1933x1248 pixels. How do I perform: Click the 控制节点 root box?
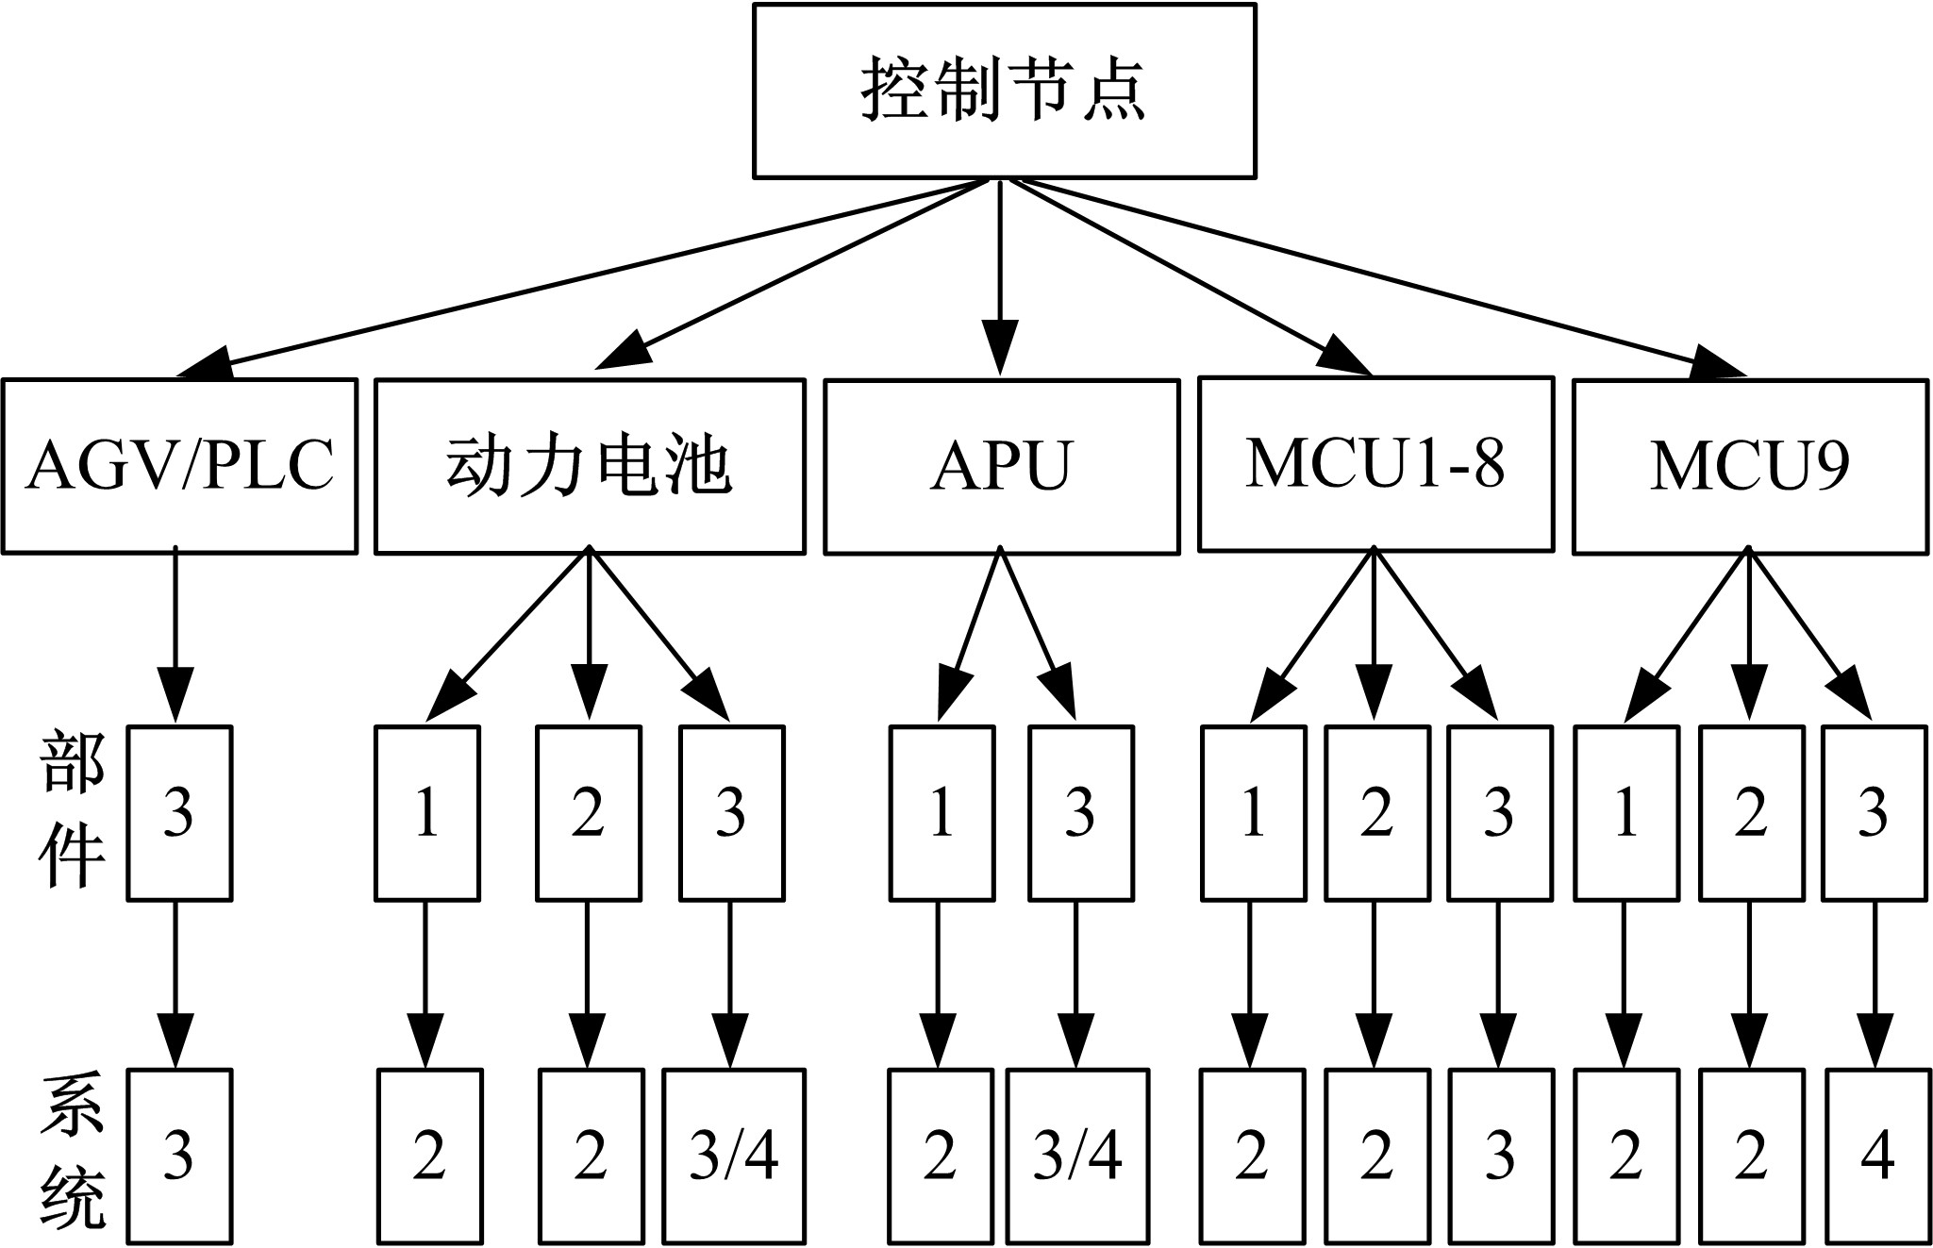[1004, 91]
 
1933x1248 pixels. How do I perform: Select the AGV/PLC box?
[179, 466]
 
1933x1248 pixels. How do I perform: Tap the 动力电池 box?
[590, 466]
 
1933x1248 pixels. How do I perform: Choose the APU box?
[1001, 466]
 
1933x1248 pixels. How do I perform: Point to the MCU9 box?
[1750, 466]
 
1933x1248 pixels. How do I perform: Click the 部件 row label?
[72, 811]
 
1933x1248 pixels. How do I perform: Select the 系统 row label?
[72, 1155]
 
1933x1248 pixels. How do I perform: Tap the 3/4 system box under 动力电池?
[734, 1156]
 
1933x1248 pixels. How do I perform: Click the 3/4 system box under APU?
[1077, 1156]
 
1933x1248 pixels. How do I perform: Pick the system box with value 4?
[1876, 1156]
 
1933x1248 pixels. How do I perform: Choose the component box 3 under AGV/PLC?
[179, 812]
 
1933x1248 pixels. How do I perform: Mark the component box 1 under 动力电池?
[427, 812]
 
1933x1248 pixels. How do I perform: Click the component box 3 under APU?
[1080, 812]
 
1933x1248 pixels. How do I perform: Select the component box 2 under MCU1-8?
[1375, 812]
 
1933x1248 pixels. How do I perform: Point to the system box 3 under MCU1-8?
[1499, 1156]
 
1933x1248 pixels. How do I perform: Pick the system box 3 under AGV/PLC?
[179, 1156]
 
